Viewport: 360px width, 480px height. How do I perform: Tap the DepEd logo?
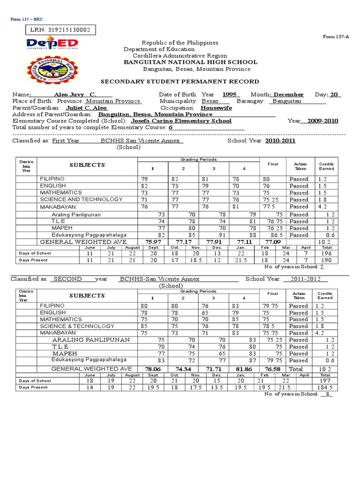coord(52,45)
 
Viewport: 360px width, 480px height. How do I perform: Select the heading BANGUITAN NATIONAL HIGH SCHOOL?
coord(190,62)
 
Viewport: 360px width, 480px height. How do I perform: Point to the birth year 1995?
coord(229,95)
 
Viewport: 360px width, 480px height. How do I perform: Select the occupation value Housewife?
coord(216,108)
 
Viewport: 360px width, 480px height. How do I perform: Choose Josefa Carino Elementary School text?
coord(181,121)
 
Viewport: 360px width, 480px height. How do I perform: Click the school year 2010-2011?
coord(280,141)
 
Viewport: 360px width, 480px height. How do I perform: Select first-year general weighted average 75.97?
coord(153,242)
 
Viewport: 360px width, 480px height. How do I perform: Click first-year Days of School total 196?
coord(326,253)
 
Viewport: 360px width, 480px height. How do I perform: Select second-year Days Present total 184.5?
coord(326,388)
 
